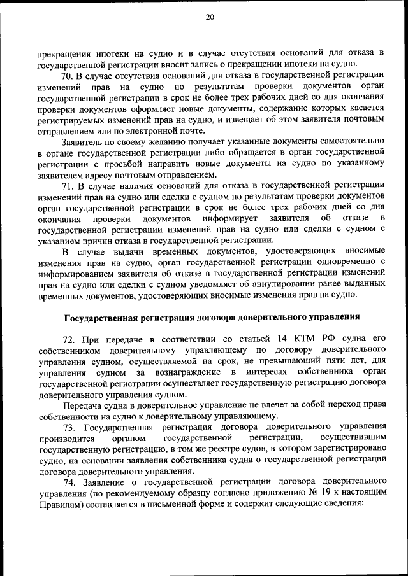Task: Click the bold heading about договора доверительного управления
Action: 212,316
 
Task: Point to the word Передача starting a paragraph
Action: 84,405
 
